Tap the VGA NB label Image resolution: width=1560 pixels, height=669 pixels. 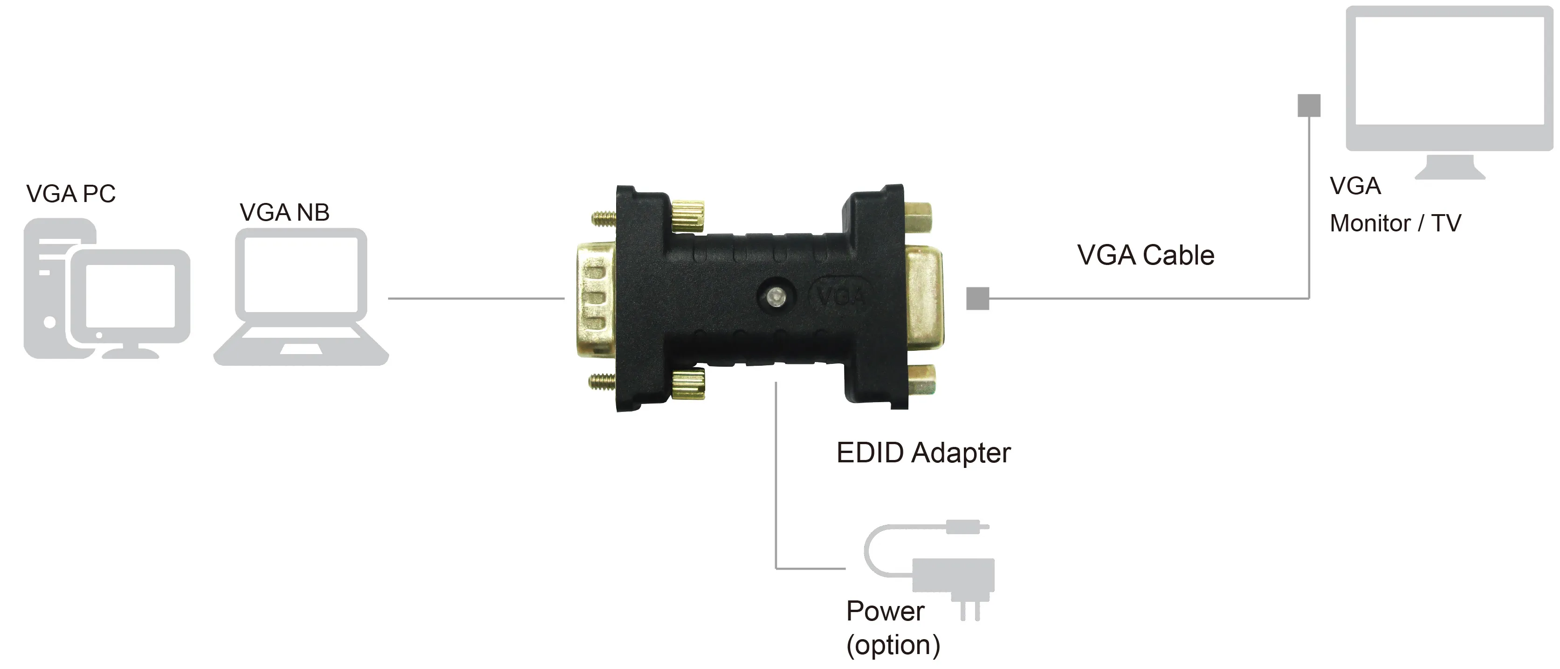pos(285,213)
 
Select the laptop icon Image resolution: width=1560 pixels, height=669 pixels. pos(301,296)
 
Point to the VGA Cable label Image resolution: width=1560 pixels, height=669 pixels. pos(1146,255)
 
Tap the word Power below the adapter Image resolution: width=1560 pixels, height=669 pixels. pos(886,611)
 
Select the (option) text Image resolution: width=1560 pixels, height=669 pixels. pos(893,645)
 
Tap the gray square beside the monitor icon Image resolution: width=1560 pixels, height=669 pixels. pos(1309,105)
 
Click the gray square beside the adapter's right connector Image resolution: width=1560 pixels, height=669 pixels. pos(977,298)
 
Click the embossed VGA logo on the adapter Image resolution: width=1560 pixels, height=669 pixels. pos(840,296)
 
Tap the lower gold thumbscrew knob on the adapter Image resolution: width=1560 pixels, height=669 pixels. pos(687,383)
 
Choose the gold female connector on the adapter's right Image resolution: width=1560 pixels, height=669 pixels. pos(925,297)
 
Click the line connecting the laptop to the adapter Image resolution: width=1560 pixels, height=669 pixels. pos(476,298)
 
